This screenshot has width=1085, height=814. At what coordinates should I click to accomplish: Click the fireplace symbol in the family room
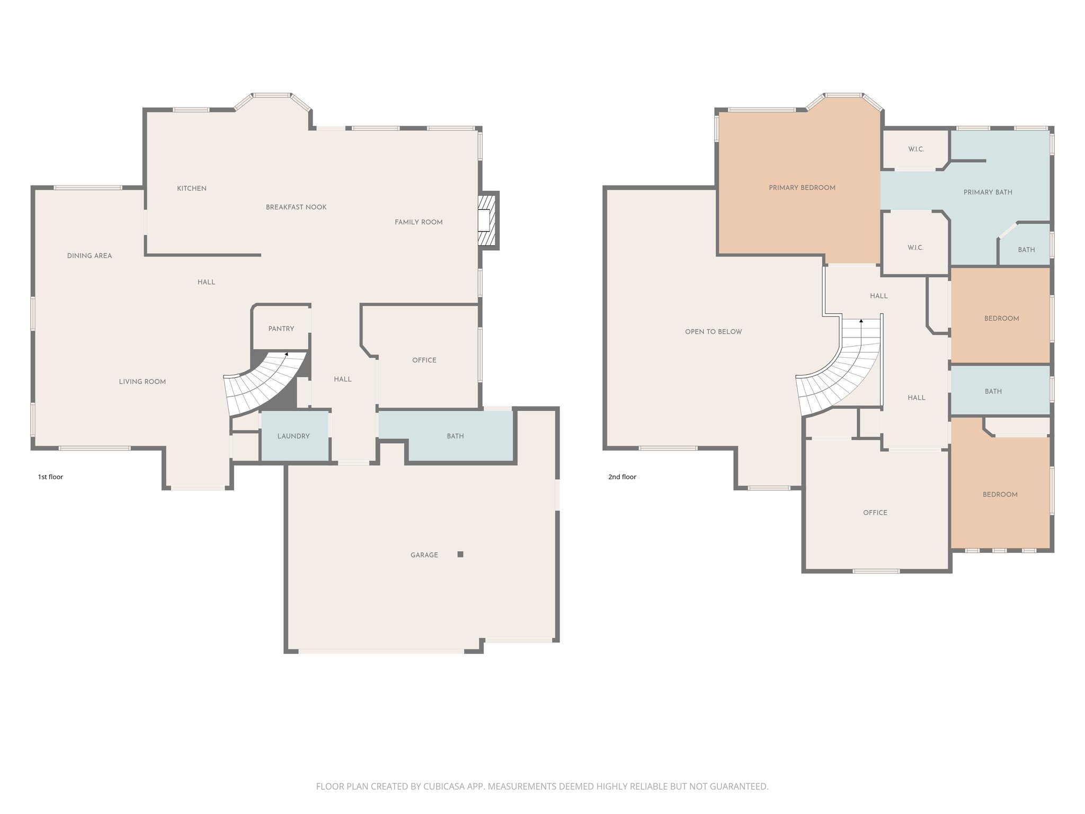coord(486,220)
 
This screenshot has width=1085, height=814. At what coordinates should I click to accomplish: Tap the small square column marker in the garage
coord(460,554)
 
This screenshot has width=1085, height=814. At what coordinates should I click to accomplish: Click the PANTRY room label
coord(281,329)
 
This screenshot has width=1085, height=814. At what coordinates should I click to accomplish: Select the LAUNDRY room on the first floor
coord(294,436)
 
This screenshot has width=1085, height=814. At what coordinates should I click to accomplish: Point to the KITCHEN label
coord(192,188)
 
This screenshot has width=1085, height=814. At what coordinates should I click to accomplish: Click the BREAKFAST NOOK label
coord(296,207)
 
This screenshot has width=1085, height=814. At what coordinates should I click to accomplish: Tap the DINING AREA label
coord(90,255)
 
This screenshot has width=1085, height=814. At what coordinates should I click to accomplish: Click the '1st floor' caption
coord(50,477)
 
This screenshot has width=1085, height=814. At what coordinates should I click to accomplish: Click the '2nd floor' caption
coord(622,477)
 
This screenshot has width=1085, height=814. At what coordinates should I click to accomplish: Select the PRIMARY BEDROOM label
coord(802,188)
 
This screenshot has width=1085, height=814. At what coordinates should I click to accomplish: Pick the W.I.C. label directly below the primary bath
coord(915,247)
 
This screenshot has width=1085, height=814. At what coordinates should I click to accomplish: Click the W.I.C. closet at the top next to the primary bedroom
coord(915,149)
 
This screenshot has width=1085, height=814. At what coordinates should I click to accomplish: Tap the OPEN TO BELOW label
coord(713,332)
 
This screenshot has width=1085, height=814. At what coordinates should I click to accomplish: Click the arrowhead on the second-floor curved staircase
coord(861,321)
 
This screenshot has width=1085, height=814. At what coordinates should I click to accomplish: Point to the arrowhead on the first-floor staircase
coord(287,353)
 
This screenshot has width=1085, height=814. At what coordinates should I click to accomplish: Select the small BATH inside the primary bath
coord(1026,250)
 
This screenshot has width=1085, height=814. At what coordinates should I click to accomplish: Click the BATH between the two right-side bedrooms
coord(993,391)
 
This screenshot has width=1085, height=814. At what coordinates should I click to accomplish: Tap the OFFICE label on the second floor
coord(875,512)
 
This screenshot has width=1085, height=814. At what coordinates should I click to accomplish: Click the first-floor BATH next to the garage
coord(455,436)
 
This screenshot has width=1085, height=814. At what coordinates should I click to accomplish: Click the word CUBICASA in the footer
coord(443,786)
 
